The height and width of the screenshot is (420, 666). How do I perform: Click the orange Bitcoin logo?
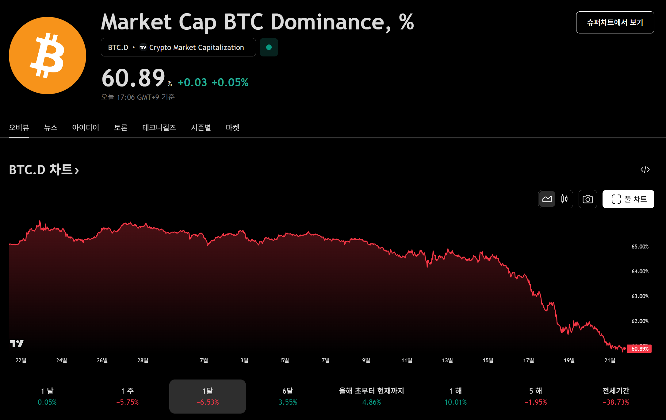pos(48,56)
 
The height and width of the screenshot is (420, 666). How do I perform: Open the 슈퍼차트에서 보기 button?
pos(615,22)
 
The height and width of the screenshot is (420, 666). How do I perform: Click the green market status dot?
pos(269,47)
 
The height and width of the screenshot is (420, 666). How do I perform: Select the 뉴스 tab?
pos(51,128)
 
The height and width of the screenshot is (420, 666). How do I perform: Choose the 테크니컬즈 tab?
pos(159,128)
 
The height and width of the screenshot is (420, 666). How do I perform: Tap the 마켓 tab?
pos(232,128)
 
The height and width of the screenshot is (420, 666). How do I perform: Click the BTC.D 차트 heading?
pos(44,170)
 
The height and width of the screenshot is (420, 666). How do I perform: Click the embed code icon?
pos(645,169)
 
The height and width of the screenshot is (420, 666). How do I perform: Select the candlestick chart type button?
pos(564,199)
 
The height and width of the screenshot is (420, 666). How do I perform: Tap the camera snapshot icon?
pos(588,199)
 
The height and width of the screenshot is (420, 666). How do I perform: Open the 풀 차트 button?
pos(628,199)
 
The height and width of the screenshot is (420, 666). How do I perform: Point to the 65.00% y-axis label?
pos(640,247)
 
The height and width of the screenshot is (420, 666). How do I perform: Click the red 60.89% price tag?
pos(640,349)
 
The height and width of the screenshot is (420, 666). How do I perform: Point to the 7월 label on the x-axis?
pos(204,360)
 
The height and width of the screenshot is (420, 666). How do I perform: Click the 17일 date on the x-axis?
pos(529,360)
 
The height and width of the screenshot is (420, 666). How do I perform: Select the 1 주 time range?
pos(127,396)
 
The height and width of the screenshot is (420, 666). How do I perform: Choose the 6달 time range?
pos(288,396)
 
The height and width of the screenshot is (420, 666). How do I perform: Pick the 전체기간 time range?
pos(616,396)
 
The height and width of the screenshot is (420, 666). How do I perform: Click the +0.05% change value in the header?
pos(230,83)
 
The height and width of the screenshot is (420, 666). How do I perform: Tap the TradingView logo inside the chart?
pos(17,344)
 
